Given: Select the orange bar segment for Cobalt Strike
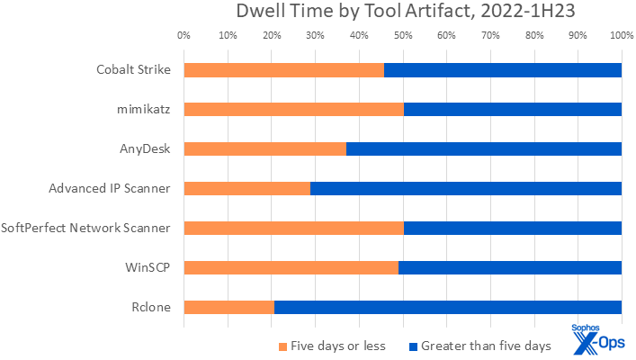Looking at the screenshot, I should [x=283, y=70].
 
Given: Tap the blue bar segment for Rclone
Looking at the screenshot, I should [x=447, y=307].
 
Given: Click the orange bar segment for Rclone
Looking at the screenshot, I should [x=228, y=307].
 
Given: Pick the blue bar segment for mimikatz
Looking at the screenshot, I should [x=513, y=110].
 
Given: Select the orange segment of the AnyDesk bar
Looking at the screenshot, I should [x=264, y=149].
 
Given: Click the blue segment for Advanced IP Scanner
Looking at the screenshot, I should [x=465, y=188].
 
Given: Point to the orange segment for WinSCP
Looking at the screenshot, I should [x=291, y=267].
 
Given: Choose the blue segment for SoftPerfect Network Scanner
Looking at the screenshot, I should [x=513, y=228].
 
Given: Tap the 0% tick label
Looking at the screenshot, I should [x=184, y=36].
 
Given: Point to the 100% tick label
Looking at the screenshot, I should [x=621, y=36].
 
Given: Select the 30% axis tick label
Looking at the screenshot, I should [x=315, y=36].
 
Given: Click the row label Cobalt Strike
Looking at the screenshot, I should [x=133, y=70].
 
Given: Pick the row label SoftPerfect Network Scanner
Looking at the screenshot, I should [x=86, y=228].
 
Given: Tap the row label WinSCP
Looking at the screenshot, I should [x=148, y=267].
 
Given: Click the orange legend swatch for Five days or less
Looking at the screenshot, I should [x=282, y=346].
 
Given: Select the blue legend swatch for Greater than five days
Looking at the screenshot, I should [x=413, y=346].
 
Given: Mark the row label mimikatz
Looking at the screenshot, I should [x=144, y=110].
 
